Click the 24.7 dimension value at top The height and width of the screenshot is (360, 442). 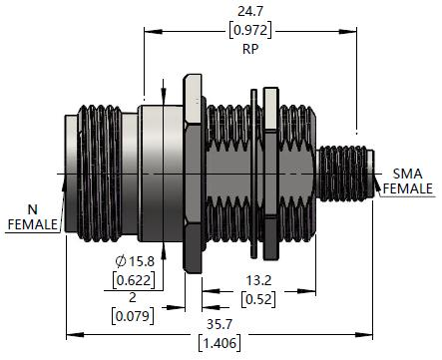[250, 11]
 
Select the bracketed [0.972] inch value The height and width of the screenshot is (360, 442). [250, 30]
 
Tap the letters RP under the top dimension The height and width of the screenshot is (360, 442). [250, 49]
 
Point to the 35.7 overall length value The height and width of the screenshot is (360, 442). [220, 324]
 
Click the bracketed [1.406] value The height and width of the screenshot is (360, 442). [220, 343]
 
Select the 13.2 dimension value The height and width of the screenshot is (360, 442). [258, 280]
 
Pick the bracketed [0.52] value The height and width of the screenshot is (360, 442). [258, 299]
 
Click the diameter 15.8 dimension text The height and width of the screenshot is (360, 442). [136, 261]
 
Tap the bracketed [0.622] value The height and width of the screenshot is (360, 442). [134, 280]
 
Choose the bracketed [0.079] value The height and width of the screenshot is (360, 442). [133, 316]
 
